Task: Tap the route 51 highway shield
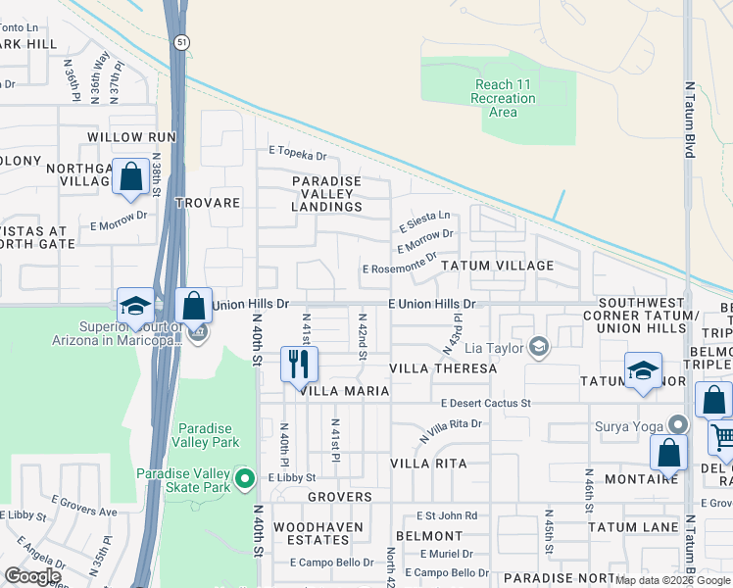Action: (x=182, y=41)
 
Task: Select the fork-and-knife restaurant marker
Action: (x=299, y=365)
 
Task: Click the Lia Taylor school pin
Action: (x=538, y=346)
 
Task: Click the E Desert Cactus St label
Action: (x=485, y=403)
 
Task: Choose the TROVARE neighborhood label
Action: (x=207, y=203)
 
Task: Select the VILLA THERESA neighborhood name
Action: (x=443, y=368)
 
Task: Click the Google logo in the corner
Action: (x=32, y=576)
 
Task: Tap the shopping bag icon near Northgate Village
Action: (x=130, y=177)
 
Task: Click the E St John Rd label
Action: (x=446, y=515)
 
